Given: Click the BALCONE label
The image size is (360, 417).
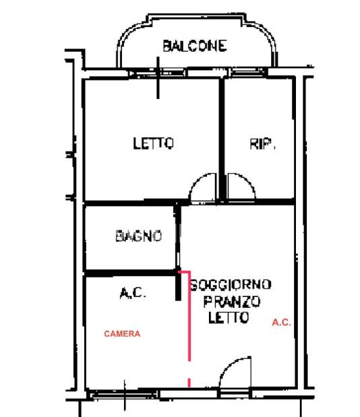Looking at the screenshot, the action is point(195,46).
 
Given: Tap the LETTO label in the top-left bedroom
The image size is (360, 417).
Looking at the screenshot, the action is point(153,143).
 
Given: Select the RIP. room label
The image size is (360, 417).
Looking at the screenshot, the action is point(262,143).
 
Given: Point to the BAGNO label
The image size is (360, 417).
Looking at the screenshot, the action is point(139,236).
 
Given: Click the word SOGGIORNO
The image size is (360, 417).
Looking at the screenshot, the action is point(231,284).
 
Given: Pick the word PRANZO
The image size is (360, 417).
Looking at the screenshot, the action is point(232,301).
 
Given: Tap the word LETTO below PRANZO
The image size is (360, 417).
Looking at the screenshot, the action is point(229,317).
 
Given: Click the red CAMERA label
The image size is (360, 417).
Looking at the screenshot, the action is point(122,333).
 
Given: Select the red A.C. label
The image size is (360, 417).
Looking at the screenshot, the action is point(281,323).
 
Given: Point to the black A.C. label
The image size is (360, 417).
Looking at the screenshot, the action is point(133,293).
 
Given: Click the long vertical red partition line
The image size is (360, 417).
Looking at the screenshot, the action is point(189,317).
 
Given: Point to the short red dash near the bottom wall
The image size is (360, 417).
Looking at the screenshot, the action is point(189,383).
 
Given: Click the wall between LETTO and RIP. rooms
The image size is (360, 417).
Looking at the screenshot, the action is point(222,139).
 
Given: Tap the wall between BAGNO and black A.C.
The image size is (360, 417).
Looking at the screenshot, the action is point(130,273).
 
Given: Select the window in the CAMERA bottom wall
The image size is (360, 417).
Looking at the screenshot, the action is point(124,394).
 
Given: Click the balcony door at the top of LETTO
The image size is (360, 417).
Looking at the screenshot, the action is point(158,73).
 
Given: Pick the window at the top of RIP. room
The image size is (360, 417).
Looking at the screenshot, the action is point(249,72).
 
